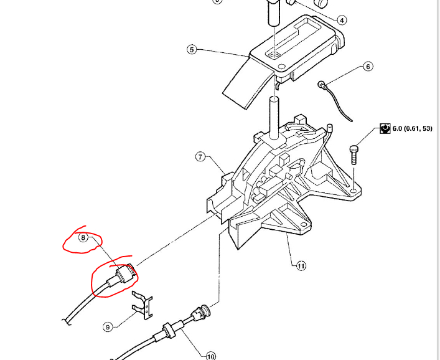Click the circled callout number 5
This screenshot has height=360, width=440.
coord(192,50)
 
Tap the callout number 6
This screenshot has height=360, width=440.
coord(367,66)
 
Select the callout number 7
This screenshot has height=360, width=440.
coord(200,157)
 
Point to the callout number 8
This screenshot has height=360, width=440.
coord(83,237)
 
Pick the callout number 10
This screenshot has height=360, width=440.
coord(210,356)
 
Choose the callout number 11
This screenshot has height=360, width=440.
coord(301,266)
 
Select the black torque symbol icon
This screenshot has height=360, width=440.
coord(385,129)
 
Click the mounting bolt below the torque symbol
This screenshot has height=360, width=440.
coord(354,153)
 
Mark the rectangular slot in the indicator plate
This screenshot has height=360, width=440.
coord(293,37)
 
